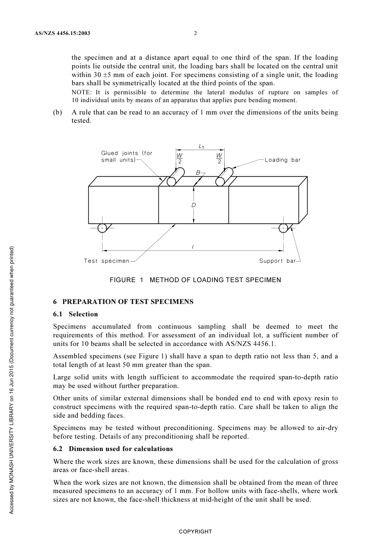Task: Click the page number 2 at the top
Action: tap(195, 33)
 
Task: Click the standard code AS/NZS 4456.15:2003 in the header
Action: tap(62, 33)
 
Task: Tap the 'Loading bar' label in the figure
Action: tap(282, 160)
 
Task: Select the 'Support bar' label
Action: tap(277, 261)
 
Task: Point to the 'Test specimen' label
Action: tap(107, 261)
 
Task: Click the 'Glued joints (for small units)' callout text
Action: tap(127, 157)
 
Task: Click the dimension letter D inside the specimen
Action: tap(193, 205)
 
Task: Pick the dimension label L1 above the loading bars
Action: tap(201, 146)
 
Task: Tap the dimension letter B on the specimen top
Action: tap(198, 173)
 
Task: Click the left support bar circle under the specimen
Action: tap(102, 228)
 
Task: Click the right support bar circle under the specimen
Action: tap(283, 228)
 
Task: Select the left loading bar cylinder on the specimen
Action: tap(175, 178)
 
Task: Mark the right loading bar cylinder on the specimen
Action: tap(224, 178)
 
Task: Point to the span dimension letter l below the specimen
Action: tap(193, 246)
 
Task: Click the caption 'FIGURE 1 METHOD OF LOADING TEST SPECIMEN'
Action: tap(195, 280)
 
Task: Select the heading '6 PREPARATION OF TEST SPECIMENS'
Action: tap(123, 302)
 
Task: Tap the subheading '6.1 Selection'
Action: tap(75, 314)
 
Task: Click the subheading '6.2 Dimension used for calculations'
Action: tap(113, 449)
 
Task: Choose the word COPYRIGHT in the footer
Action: tap(195, 532)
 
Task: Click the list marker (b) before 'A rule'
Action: tap(58, 112)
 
